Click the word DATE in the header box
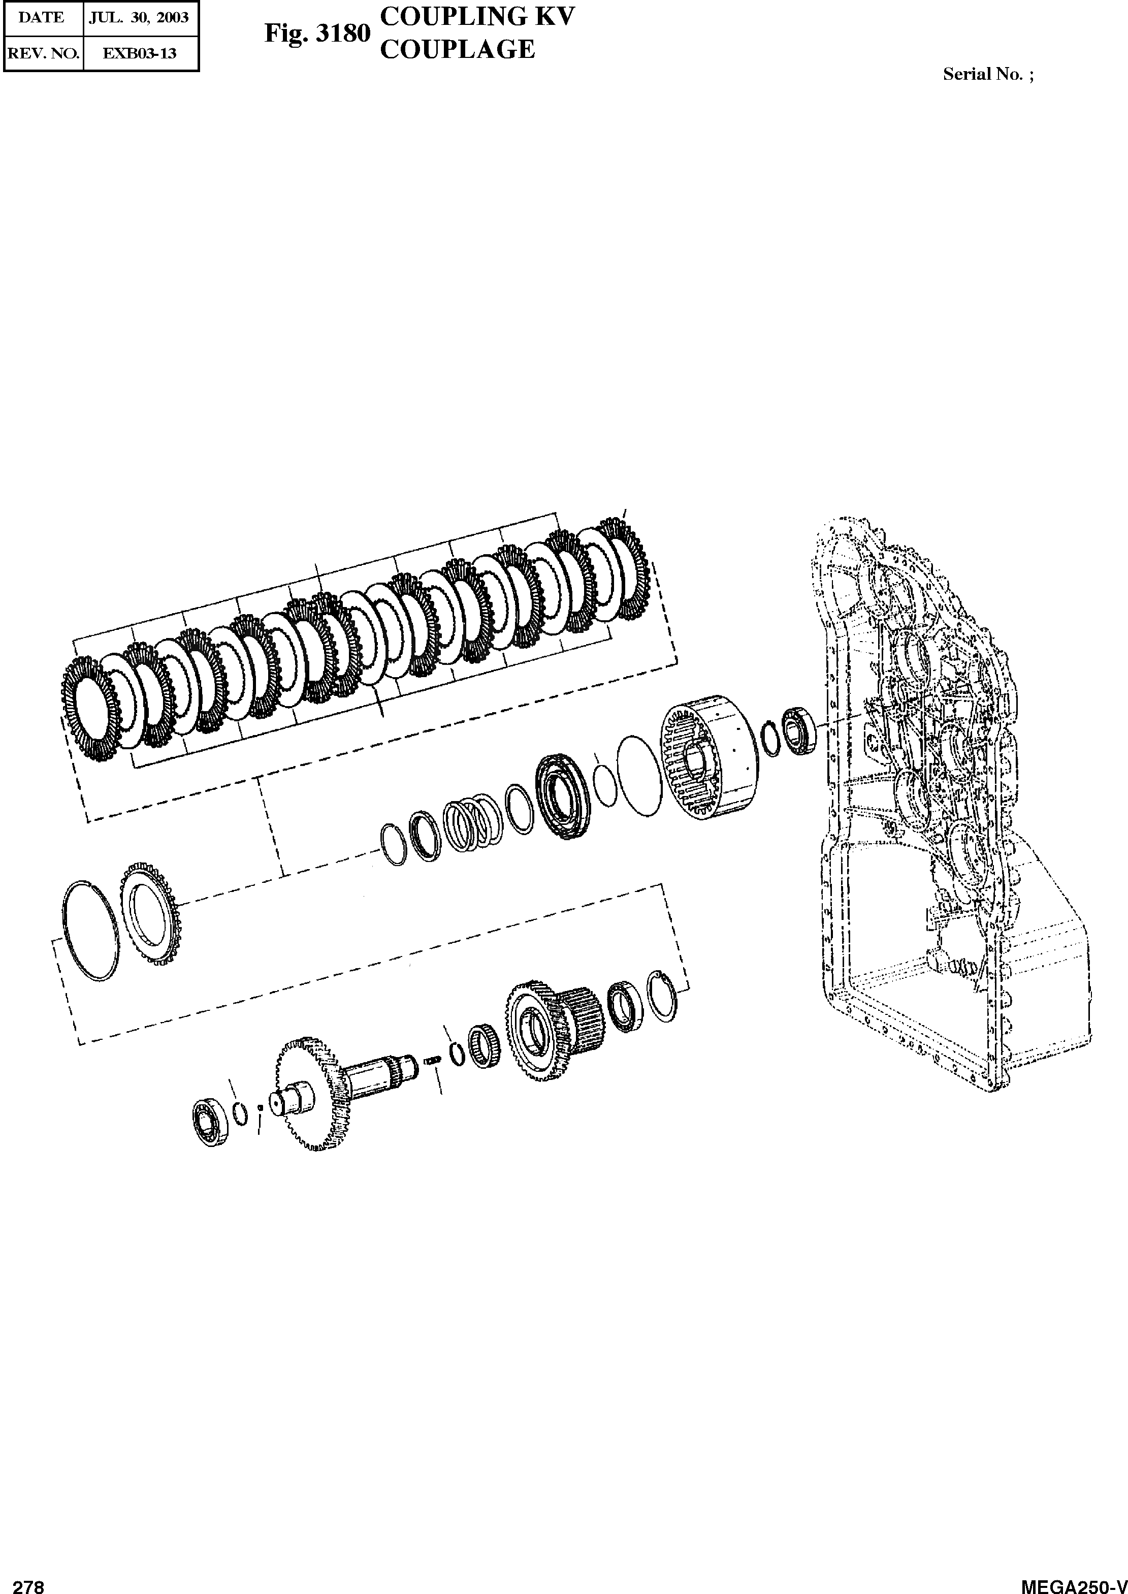[x=41, y=17]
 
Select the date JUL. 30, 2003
[x=139, y=17]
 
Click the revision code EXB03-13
[x=140, y=53]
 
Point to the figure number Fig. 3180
[x=317, y=34]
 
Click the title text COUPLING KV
[x=478, y=16]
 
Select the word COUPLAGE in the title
[x=458, y=49]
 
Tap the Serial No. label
[x=988, y=74]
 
